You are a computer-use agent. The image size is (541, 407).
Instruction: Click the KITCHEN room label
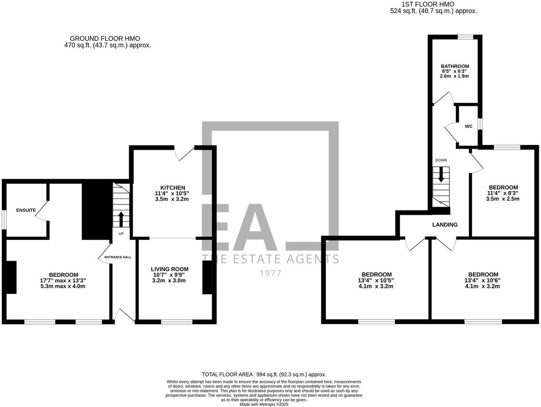pyautogui.click(x=173, y=188)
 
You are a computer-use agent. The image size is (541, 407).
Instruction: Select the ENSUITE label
pyautogui.click(x=26, y=210)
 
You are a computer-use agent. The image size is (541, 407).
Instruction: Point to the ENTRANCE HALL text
pyautogui.click(x=118, y=257)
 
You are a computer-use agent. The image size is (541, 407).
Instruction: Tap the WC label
pyautogui.click(x=469, y=126)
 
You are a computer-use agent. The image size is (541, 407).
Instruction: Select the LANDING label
pyautogui.click(x=444, y=224)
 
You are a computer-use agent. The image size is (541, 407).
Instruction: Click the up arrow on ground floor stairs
pyautogui.click(x=121, y=219)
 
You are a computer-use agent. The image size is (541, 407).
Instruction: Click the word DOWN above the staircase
pyautogui.click(x=441, y=160)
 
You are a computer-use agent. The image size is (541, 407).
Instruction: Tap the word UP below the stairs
pyautogui.click(x=121, y=234)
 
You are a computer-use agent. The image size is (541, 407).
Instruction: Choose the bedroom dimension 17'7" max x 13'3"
pyautogui.click(x=63, y=280)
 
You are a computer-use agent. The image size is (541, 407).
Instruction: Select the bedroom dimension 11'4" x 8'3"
pyautogui.click(x=503, y=193)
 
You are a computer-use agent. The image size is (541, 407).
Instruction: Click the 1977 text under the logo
pyautogui.click(x=270, y=273)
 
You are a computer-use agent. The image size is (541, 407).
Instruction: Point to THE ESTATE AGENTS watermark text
pyautogui.click(x=270, y=259)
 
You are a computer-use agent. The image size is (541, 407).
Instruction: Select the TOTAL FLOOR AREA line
pyautogui.click(x=264, y=374)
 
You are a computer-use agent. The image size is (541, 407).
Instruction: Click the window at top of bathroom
pyautogui.click(x=464, y=37)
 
